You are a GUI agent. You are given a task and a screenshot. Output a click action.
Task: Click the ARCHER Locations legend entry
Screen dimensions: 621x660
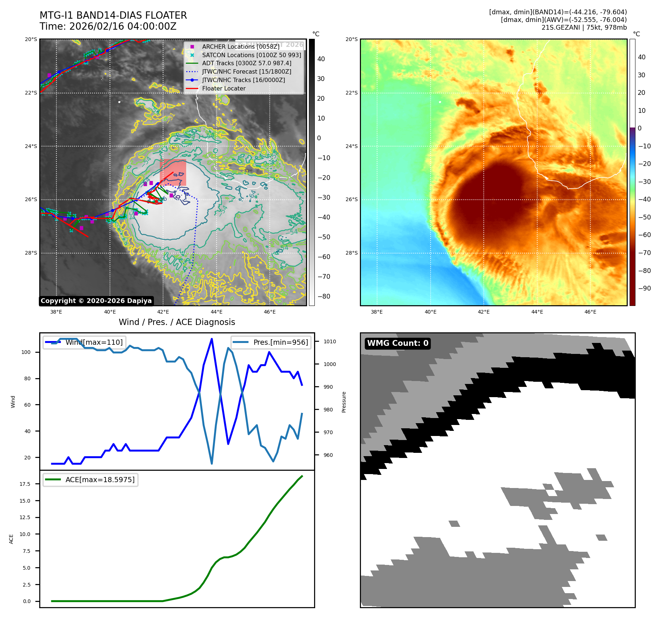pyautogui.click(x=240, y=47)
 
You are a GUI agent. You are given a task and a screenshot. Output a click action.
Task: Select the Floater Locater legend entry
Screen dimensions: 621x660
pyautogui.click(x=224, y=88)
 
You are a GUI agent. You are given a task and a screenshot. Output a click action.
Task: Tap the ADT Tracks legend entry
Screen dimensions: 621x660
pyautogui.click(x=247, y=63)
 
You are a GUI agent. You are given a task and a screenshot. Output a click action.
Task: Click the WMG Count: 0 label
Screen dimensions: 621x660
pyautogui.click(x=398, y=343)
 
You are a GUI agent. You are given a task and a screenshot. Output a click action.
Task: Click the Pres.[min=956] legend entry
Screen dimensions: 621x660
pyautogui.click(x=280, y=342)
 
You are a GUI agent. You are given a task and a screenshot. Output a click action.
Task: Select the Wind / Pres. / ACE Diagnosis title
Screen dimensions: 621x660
pyautogui.click(x=177, y=322)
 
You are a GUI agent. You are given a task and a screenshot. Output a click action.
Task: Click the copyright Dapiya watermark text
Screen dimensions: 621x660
pyautogui.click(x=96, y=301)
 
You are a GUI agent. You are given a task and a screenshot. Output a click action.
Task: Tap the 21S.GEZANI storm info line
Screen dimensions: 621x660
pyautogui.click(x=584, y=27)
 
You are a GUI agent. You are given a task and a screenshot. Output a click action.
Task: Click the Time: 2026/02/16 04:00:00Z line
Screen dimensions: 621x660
pyautogui.click(x=108, y=26)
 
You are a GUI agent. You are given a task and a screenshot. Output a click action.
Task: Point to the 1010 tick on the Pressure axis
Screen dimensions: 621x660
pyautogui.click(x=329, y=341)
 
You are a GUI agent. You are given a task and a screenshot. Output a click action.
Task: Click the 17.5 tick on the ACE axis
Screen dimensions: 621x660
pyautogui.click(x=25, y=484)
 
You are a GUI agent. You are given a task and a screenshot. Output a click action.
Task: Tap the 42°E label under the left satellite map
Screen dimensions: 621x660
pyautogui.click(x=163, y=312)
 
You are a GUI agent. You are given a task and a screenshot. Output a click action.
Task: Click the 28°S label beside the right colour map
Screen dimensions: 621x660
pyautogui.click(x=351, y=253)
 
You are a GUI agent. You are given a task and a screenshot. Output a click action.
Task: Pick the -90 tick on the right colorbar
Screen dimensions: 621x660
pyautogui.click(x=644, y=288)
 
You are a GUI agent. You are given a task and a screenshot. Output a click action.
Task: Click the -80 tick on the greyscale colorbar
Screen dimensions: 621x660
pyautogui.click(x=324, y=296)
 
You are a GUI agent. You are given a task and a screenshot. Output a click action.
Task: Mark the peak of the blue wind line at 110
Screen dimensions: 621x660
pyautogui.click(x=212, y=339)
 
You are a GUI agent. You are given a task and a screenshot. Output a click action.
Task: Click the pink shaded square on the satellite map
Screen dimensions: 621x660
pyautogui.click(x=173, y=172)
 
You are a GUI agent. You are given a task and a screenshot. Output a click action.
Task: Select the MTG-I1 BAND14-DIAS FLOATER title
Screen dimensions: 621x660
pyautogui.click(x=113, y=15)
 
